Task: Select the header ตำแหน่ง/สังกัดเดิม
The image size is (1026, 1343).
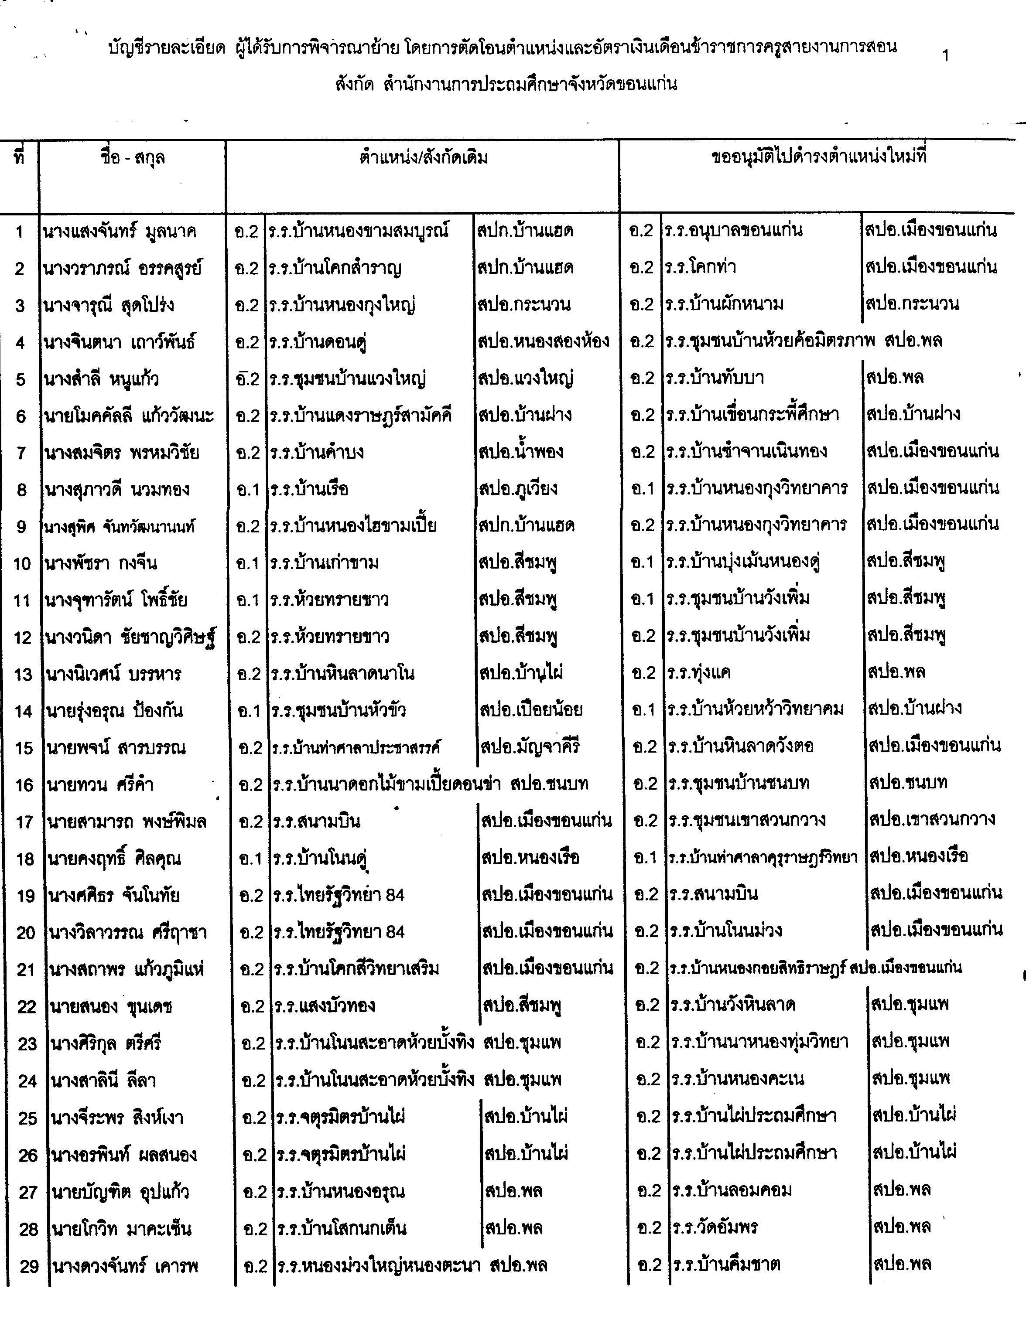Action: click(423, 159)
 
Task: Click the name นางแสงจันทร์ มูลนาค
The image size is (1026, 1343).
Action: click(120, 232)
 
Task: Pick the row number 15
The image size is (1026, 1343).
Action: click(23, 748)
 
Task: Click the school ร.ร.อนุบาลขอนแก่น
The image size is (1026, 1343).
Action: click(733, 230)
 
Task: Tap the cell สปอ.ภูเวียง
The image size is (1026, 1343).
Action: click(518, 488)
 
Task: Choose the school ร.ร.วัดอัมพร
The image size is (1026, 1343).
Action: click(715, 1227)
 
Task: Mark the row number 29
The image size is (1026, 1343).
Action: click(29, 1265)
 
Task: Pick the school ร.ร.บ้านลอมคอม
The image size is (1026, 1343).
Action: click(732, 1190)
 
